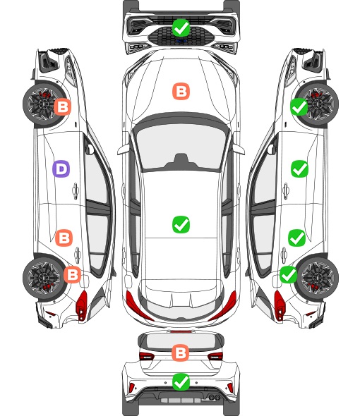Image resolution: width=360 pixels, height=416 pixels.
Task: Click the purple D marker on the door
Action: pyautogui.click(x=61, y=169)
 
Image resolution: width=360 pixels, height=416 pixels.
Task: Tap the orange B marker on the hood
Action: pyautogui.click(x=181, y=92)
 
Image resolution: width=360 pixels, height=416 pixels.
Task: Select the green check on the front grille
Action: pyautogui.click(x=181, y=27)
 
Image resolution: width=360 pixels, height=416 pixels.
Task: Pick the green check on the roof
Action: pyautogui.click(x=181, y=224)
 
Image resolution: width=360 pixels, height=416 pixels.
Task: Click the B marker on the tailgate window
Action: pyautogui.click(x=181, y=353)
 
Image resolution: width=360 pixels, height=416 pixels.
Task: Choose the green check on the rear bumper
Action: pyautogui.click(x=181, y=382)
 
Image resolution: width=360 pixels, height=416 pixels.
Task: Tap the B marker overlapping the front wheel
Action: pyautogui.click(x=63, y=107)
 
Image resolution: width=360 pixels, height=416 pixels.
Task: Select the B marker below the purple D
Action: pyautogui.click(x=64, y=238)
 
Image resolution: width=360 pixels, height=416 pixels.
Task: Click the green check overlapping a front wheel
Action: pyautogui.click(x=299, y=107)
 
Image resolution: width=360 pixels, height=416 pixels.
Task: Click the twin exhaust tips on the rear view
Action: pyautogui.click(x=215, y=397)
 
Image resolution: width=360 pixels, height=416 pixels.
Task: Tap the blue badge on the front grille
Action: pyautogui.click(x=181, y=41)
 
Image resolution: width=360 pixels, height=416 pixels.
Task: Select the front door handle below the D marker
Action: pyautogui.click(x=76, y=190)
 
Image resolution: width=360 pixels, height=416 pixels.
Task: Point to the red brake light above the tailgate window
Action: pyautogui.click(x=181, y=331)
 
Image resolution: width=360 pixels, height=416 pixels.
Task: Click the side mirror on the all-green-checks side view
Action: pyautogui.click(x=272, y=149)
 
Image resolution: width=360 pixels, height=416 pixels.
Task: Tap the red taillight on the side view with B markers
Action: pyautogui.click(x=82, y=305)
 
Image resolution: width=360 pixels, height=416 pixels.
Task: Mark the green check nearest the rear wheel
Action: pyautogui.click(x=289, y=274)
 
